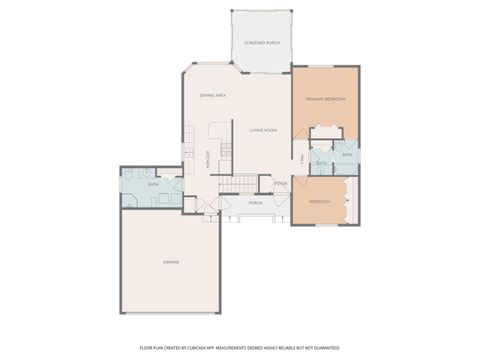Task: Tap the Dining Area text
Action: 212,95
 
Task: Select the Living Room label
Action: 264,130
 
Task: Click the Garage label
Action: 171,262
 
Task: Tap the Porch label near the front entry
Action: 255,202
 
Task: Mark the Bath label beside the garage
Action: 153,185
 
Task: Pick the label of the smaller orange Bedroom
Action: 319,201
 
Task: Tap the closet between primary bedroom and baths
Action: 326,132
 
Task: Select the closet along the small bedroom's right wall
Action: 350,200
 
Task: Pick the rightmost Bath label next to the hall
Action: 347,155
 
